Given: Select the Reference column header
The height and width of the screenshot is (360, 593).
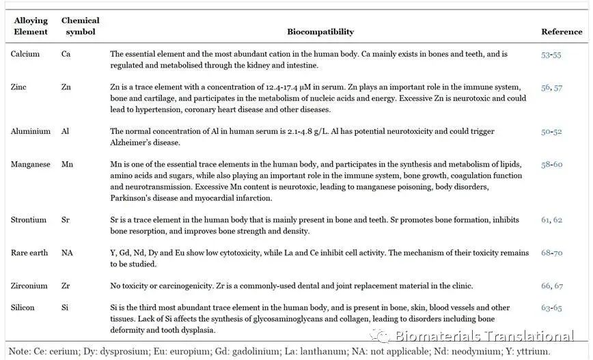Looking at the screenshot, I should tap(561, 31).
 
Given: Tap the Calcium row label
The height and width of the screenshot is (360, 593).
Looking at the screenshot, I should tap(25, 54).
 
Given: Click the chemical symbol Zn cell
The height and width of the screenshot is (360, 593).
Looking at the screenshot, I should tap(67, 87).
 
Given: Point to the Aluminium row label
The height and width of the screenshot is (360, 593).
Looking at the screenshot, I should tap(31, 131).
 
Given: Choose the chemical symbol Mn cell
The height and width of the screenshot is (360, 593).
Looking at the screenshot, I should tap(67, 165).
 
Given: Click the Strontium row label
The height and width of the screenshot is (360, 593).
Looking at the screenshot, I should tap(29, 220).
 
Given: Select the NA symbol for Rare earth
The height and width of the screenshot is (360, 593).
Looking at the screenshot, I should tap(68, 253).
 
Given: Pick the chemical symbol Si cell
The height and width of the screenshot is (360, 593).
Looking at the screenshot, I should tap(65, 308).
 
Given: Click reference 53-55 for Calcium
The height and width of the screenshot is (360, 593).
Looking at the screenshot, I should tap(551, 54).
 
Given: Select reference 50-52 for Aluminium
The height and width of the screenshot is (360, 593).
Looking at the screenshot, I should tap(551, 131).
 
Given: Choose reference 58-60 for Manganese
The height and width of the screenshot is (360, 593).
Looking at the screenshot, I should tap(551, 165).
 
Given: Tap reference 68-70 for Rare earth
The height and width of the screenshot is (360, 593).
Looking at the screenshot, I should tap(551, 253).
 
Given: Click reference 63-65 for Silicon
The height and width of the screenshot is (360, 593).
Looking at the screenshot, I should tap(551, 308).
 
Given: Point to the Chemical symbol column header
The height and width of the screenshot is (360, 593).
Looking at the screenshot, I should tap(80, 26).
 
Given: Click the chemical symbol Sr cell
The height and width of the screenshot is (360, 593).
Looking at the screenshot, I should tap(66, 220).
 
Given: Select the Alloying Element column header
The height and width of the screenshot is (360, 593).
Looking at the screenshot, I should tap(31, 26).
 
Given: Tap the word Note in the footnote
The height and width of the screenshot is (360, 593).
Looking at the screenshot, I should tap(19, 351).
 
